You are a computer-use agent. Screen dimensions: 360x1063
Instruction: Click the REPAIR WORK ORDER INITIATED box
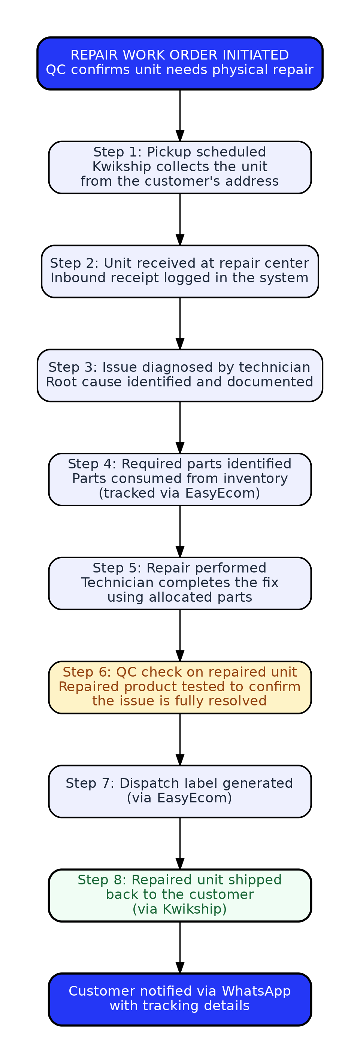click(x=180, y=64)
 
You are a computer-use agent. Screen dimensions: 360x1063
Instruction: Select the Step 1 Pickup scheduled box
click(x=180, y=167)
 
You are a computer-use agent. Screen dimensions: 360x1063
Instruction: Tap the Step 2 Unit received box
click(x=180, y=271)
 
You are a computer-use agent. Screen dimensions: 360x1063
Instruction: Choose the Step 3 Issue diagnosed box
click(x=180, y=376)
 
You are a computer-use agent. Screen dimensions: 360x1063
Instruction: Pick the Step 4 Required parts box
click(x=180, y=480)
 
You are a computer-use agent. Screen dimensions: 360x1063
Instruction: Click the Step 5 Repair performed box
click(x=180, y=583)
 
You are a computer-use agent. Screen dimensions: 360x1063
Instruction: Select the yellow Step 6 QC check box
click(x=180, y=687)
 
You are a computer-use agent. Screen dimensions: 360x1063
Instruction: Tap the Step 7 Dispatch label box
click(x=180, y=792)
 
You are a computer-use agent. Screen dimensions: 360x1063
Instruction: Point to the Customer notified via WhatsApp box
click(x=180, y=999)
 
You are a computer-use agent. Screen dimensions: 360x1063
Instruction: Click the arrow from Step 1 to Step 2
click(x=180, y=219)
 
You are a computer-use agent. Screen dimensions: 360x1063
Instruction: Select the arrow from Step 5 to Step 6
click(x=180, y=635)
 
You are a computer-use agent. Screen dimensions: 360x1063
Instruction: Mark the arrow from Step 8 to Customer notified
click(x=180, y=947)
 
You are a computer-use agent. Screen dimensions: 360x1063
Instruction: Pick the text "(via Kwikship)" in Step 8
click(x=179, y=909)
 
